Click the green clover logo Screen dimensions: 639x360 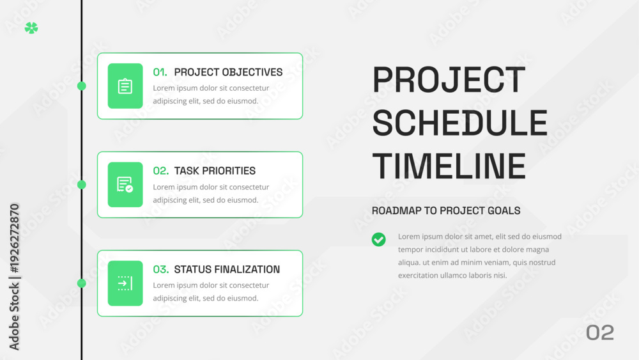[x=31, y=27]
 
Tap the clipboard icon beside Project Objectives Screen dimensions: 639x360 [x=125, y=86]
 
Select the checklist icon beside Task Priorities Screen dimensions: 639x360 [x=125, y=184]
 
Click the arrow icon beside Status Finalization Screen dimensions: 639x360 [x=125, y=283]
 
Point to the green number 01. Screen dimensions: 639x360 [x=160, y=72]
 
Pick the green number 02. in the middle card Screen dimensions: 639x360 [x=161, y=171]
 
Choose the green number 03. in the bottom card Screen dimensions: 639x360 [x=161, y=269]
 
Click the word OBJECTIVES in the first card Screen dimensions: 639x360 [x=252, y=72]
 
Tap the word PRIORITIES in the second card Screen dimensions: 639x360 [x=229, y=171]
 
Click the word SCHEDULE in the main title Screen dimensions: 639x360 [x=459, y=123]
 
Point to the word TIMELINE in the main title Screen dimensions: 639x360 [x=449, y=166]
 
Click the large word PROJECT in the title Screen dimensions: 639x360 [x=449, y=79]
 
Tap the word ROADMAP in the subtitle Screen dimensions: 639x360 [x=397, y=211]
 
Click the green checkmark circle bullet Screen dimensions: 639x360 [x=378, y=239]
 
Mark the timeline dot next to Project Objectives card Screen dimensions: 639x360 [x=82, y=86]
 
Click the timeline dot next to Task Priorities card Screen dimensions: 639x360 [x=82, y=184]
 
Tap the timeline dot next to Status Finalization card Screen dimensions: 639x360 [x=82, y=283]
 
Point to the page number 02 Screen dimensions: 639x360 [x=600, y=333]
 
